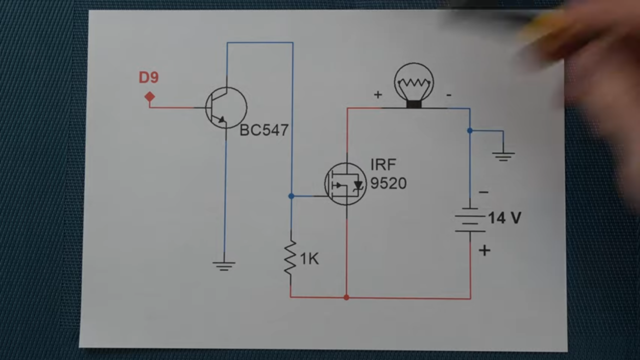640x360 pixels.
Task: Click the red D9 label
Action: [148, 78]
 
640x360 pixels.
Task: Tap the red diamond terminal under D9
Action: [149, 96]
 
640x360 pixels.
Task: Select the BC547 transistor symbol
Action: [226, 107]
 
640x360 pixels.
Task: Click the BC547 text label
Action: [264, 130]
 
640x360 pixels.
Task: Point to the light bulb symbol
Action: [413, 84]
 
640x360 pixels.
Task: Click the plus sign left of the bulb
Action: [378, 94]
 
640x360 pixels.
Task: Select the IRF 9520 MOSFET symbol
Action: [345, 184]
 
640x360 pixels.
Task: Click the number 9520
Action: [388, 183]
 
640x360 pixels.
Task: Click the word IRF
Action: [383, 165]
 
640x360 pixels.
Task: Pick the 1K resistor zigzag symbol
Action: [290, 257]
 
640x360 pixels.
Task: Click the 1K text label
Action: [309, 259]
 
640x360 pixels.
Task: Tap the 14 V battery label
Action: [504, 218]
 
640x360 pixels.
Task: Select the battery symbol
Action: [469, 220]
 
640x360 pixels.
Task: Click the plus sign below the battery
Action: [484, 250]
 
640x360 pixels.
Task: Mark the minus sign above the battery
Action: [483, 192]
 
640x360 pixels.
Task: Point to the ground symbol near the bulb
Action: [503, 156]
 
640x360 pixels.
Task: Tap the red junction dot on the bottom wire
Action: [346, 297]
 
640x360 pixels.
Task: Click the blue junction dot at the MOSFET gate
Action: [291, 196]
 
